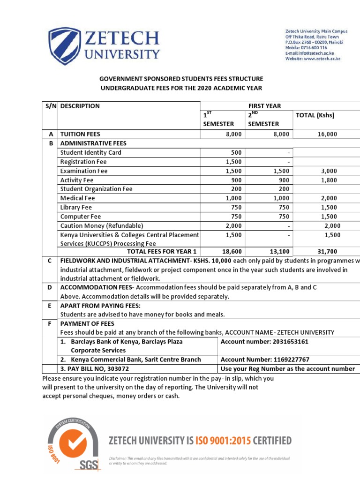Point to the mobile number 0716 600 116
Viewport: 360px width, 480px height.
coord(314,48)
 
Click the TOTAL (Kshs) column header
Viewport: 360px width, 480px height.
coord(315,115)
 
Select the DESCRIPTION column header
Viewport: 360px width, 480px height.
coord(80,106)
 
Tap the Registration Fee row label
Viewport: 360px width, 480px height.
coord(83,162)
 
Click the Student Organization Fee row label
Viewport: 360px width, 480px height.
coord(97,189)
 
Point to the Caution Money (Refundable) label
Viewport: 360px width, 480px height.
coord(102,225)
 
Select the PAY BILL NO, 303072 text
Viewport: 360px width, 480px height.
coord(94,368)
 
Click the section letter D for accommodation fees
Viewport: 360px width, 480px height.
coord(49,287)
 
